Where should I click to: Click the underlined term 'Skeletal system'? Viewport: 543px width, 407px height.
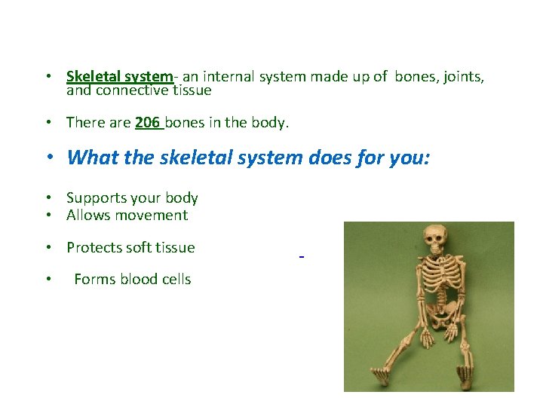119,77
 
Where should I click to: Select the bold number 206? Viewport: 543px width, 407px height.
147,122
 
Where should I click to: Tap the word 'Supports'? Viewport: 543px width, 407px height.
95,198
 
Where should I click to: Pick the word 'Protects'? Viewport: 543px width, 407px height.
94,248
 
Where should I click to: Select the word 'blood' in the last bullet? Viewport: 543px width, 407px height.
136,280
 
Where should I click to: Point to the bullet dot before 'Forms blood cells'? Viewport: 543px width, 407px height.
48,280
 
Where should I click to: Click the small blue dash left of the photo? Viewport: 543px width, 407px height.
301,259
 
